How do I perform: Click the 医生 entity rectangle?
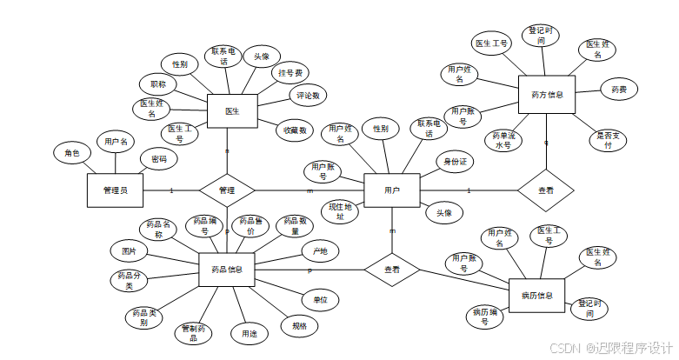pos(232,111)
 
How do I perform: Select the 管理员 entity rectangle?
pos(115,190)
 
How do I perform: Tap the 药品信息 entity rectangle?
pos(227,270)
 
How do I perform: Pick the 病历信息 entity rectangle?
pos(536,295)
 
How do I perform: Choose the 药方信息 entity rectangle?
pos(546,95)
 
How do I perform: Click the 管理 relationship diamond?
pos(227,190)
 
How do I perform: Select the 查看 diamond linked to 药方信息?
pos(546,189)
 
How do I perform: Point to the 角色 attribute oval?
pos(71,154)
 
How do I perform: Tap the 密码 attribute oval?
pos(159,160)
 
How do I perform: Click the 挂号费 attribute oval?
pos(291,73)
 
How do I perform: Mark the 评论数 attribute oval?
pos(307,96)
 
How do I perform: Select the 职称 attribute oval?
pos(158,84)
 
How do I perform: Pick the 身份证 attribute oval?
pos(456,162)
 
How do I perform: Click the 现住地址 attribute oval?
pos(340,211)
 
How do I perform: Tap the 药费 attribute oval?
pos(619,89)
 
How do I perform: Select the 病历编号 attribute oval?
pos(484,317)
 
